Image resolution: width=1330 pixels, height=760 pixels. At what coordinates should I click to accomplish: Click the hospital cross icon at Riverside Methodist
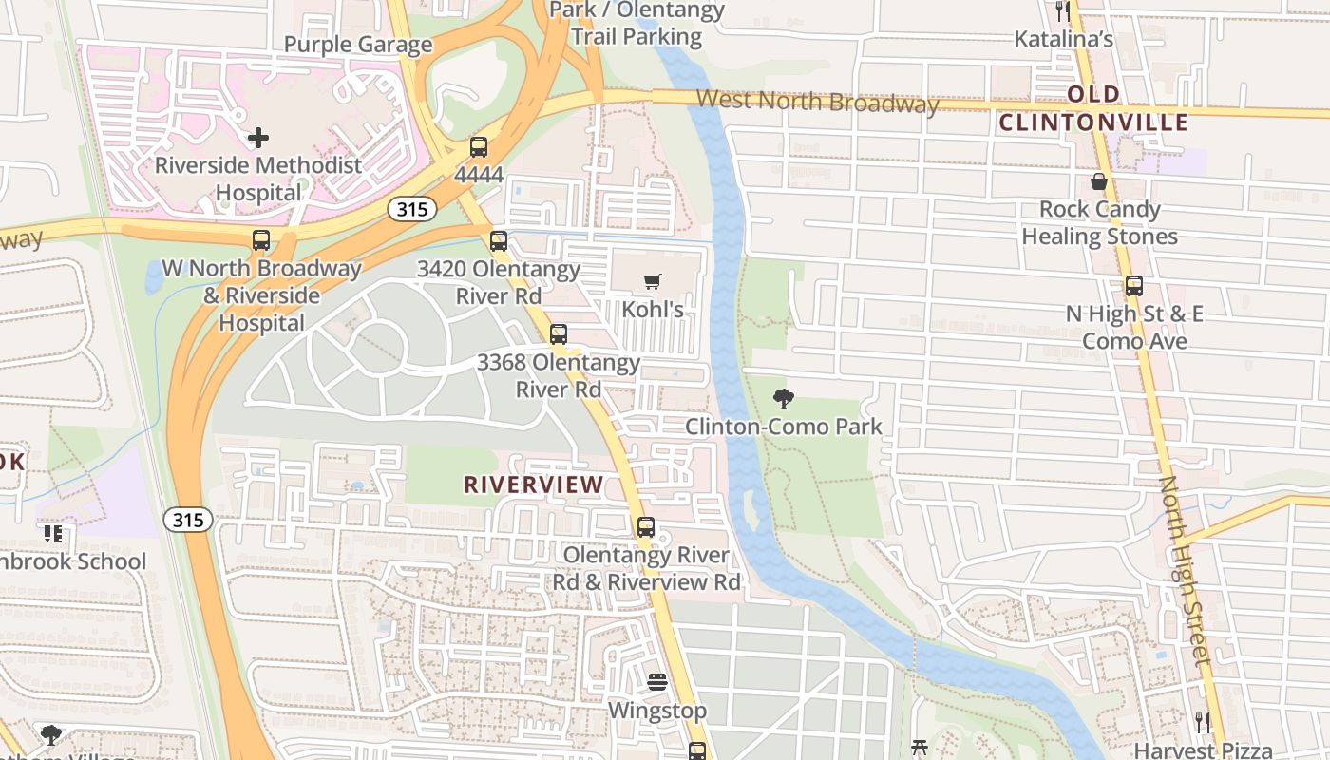(x=257, y=139)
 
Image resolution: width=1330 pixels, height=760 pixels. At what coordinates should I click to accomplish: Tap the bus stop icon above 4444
(x=479, y=147)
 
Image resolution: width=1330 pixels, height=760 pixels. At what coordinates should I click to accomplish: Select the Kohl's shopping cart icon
(x=652, y=282)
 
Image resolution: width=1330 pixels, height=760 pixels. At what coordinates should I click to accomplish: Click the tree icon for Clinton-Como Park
(x=783, y=399)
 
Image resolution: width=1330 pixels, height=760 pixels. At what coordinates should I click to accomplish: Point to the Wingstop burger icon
(x=656, y=682)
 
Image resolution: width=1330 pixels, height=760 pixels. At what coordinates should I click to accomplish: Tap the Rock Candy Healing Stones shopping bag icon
(x=1099, y=181)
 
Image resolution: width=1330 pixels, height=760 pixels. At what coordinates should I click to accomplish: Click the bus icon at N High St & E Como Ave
(x=1133, y=285)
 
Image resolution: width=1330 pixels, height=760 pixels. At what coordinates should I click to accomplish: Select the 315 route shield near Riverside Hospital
(x=411, y=209)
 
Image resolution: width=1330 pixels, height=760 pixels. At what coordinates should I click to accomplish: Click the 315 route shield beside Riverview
(x=187, y=520)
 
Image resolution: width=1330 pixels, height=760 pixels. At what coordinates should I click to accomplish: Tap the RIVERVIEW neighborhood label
(x=533, y=484)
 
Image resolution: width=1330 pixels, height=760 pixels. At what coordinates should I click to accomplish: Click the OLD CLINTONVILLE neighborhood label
(x=1093, y=108)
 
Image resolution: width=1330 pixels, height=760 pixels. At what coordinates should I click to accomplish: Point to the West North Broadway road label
(x=817, y=101)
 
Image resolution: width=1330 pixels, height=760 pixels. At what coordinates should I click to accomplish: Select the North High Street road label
(x=1184, y=570)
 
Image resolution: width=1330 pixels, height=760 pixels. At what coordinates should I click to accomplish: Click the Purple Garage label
(x=358, y=45)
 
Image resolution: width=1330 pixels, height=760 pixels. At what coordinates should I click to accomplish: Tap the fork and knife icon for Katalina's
(x=1062, y=11)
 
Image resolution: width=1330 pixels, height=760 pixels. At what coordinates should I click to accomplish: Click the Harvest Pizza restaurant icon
(x=1203, y=722)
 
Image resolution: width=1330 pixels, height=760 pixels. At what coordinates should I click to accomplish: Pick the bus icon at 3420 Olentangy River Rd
(x=499, y=241)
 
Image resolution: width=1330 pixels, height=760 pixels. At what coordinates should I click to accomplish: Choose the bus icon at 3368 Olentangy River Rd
(x=559, y=334)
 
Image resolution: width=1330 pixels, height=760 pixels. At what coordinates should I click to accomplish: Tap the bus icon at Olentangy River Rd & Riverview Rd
(x=646, y=526)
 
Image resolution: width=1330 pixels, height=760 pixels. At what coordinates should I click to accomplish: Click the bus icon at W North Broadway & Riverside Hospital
(x=261, y=240)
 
